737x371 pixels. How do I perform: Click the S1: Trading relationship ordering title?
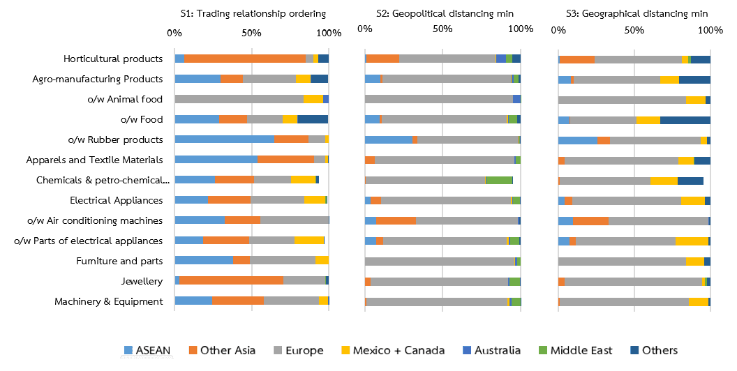pyautogui.click(x=253, y=13)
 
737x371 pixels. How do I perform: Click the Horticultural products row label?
pyautogui.click(x=113, y=59)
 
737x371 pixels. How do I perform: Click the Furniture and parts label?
pyautogui.click(x=119, y=261)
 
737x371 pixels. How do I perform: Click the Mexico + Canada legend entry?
pyautogui.click(x=399, y=350)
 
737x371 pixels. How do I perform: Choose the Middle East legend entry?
pyautogui.click(x=573, y=350)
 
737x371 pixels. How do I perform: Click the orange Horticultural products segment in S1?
pyautogui.click(x=244, y=59)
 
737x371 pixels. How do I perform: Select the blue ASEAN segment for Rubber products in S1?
pyautogui.click(x=224, y=139)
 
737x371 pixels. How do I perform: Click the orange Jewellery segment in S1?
pyautogui.click(x=231, y=281)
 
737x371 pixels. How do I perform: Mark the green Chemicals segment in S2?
pyautogui.click(x=499, y=180)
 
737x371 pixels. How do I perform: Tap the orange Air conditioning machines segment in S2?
pyautogui.click(x=396, y=220)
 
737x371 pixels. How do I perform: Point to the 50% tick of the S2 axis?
pyautogui.click(x=442, y=29)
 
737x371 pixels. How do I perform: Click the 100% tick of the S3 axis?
pyautogui.click(x=710, y=31)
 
